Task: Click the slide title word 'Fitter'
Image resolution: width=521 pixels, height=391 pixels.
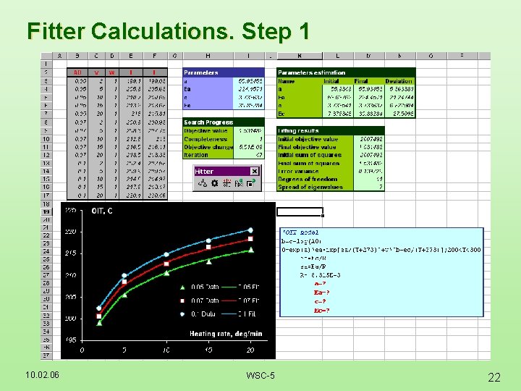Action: click(x=55, y=31)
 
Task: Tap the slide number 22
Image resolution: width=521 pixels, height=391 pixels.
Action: click(x=494, y=377)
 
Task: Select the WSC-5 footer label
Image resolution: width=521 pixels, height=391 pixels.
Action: click(x=260, y=375)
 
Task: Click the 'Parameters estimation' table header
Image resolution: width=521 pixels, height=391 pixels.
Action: click(x=312, y=72)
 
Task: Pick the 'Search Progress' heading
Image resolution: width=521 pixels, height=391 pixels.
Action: click(x=208, y=122)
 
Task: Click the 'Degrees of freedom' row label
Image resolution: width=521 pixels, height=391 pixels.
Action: click(x=308, y=179)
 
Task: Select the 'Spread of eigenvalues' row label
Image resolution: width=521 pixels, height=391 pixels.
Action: click(x=311, y=187)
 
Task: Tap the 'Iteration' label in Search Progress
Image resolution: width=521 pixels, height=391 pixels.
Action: click(x=196, y=154)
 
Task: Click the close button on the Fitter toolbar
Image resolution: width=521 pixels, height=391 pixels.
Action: click(x=255, y=172)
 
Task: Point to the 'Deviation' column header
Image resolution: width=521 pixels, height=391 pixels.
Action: click(x=399, y=81)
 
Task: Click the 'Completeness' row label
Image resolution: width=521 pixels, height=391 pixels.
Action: click(x=203, y=138)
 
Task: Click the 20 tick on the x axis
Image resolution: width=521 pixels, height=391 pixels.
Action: click(x=250, y=349)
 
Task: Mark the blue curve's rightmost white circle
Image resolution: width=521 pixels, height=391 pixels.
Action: click(x=251, y=230)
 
